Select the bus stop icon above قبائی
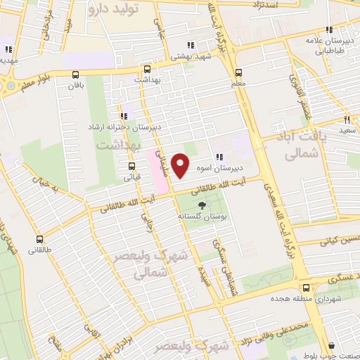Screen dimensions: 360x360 click(x=131, y=167)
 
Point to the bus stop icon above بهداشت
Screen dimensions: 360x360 click(x=147, y=70)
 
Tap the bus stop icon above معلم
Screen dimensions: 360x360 click(x=238, y=72)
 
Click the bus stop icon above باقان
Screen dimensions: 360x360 click(x=76, y=74)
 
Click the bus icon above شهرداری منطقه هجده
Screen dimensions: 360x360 click(x=305, y=287)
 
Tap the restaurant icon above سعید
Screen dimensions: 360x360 click(x=347, y=120)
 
